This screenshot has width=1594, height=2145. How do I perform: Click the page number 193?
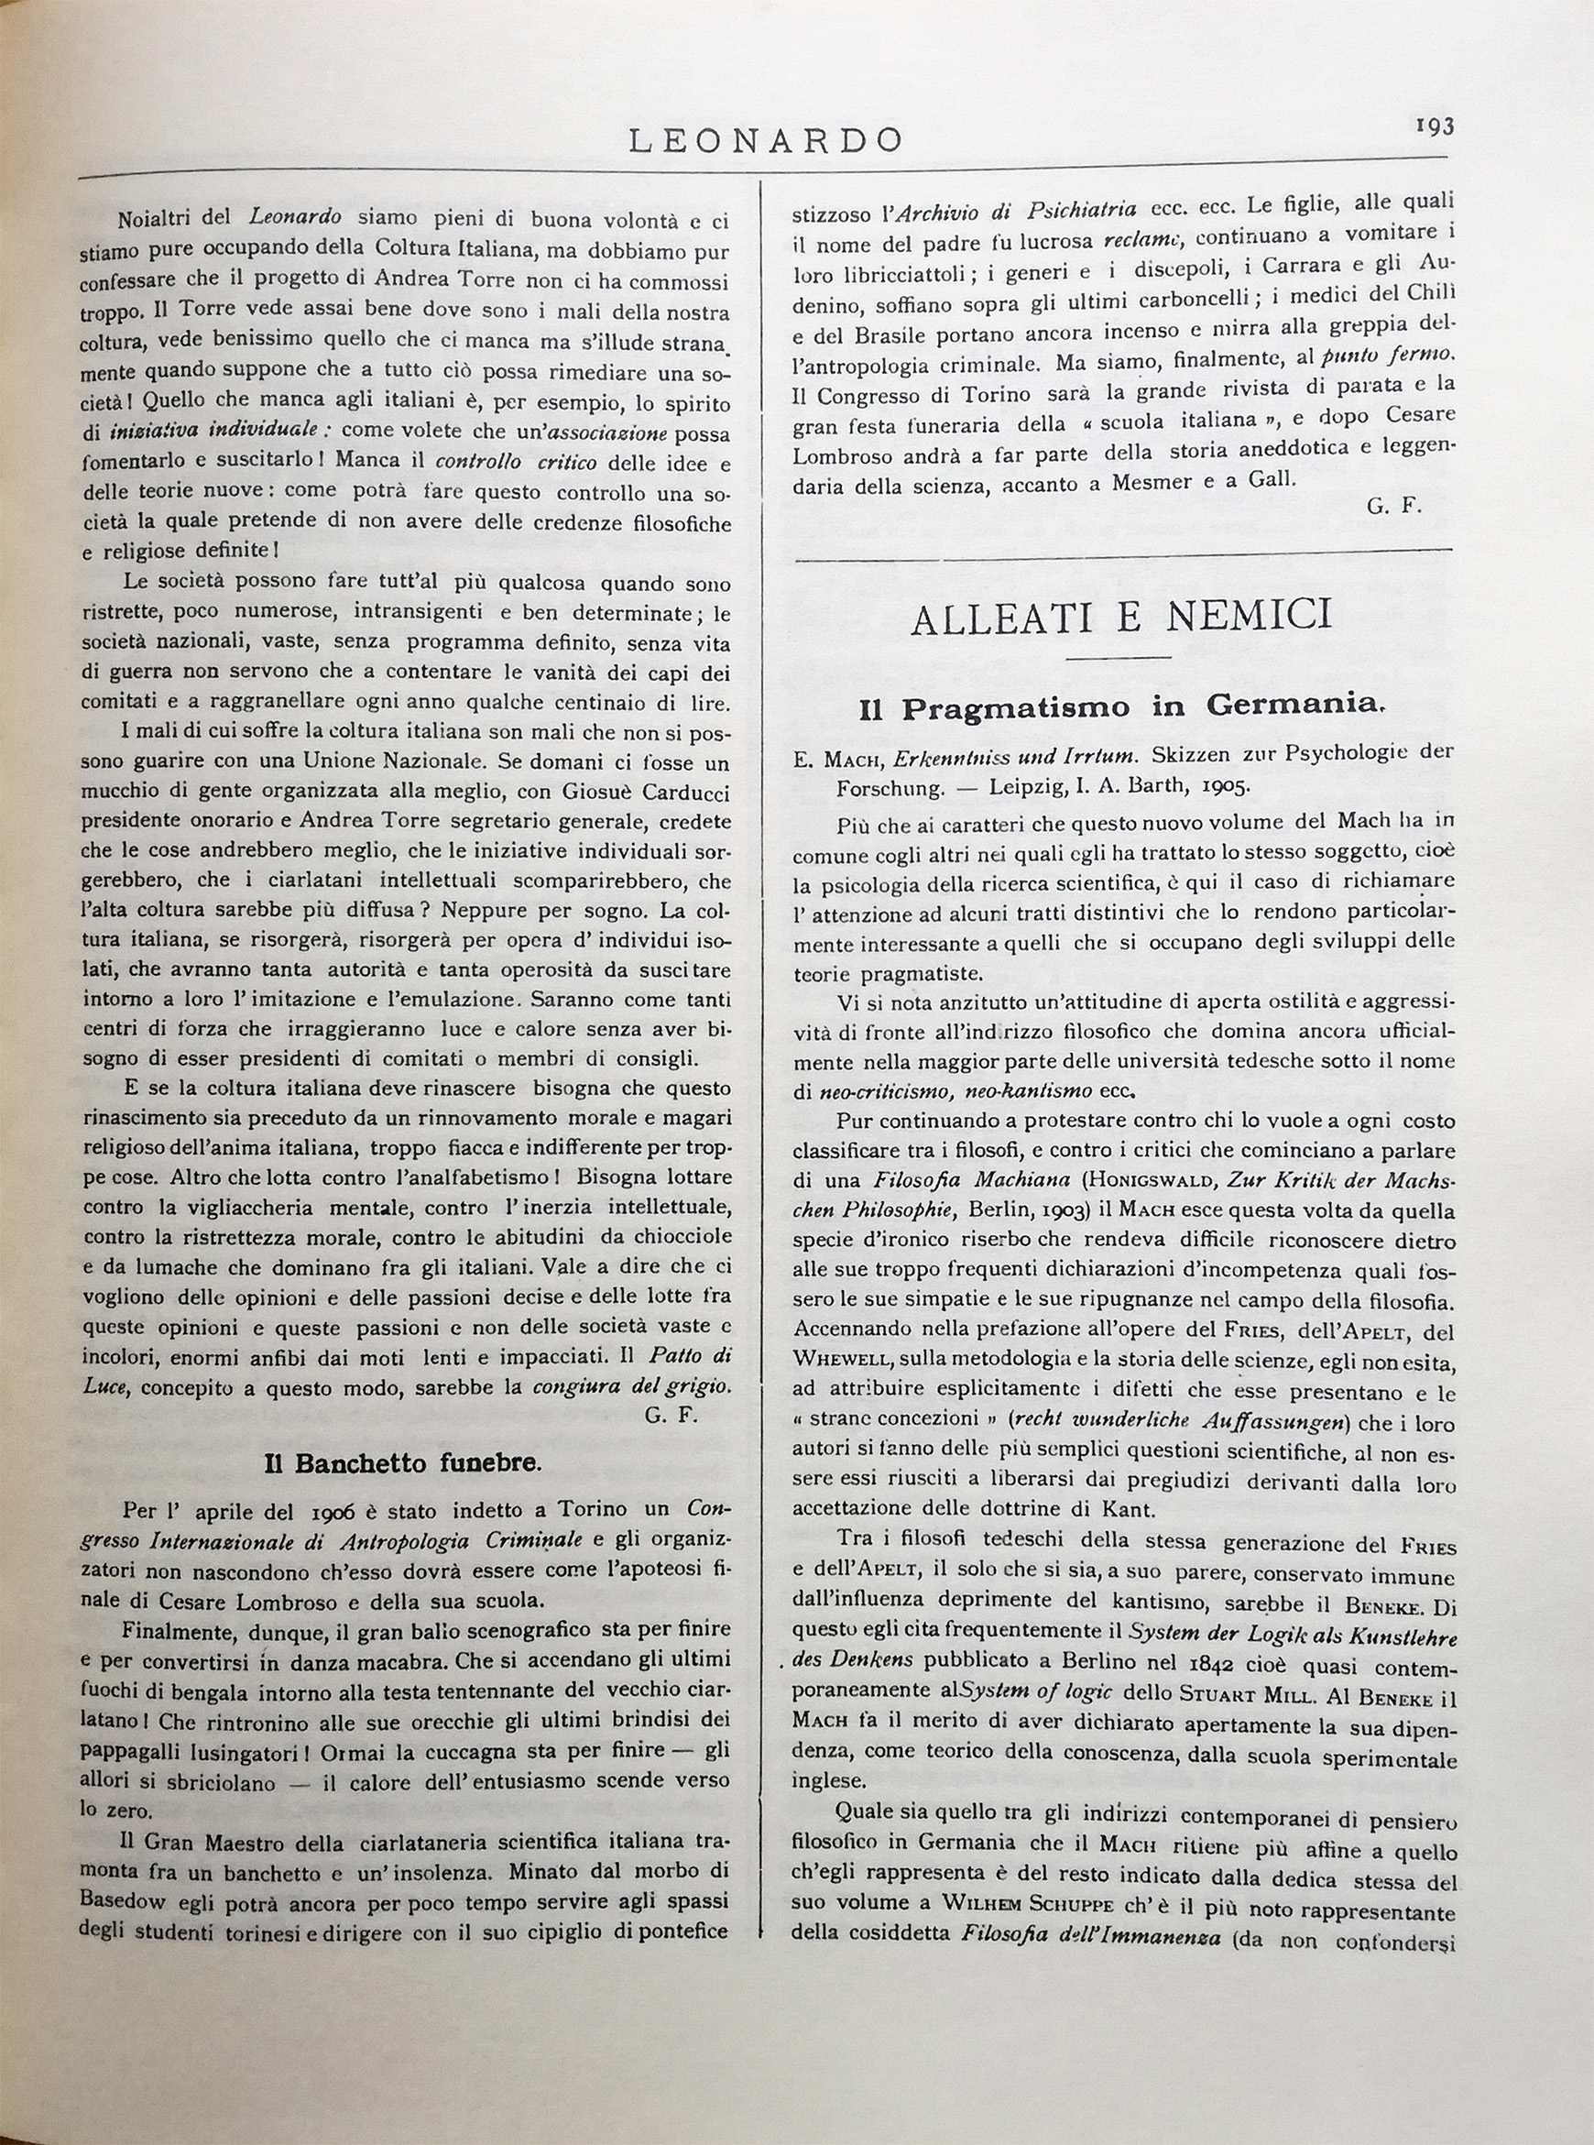pyautogui.click(x=1434, y=126)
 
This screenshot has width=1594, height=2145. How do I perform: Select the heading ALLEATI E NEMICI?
pyautogui.click(x=1121, y=615)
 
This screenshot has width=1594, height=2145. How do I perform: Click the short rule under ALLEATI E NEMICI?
pyautogui.click(x=1120, y=658)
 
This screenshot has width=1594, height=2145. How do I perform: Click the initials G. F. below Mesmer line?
pyautogui.click(x=1394, y=506)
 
